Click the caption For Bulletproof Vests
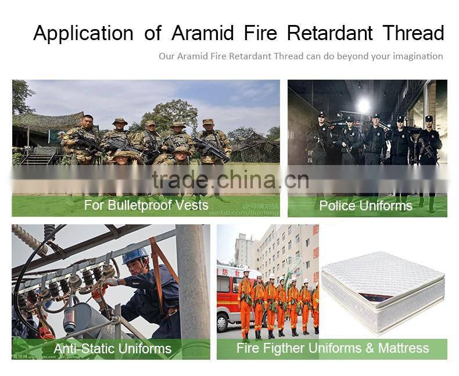click(x=146, y=205)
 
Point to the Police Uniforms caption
click(x=365, y=206)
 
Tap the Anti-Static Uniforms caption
click(x=112, y=349)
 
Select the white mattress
click(x=383, y=291)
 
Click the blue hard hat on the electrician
click(x=134, y=255)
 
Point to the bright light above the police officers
click(x=364, y=105)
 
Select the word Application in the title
click(x=84, y=34)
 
